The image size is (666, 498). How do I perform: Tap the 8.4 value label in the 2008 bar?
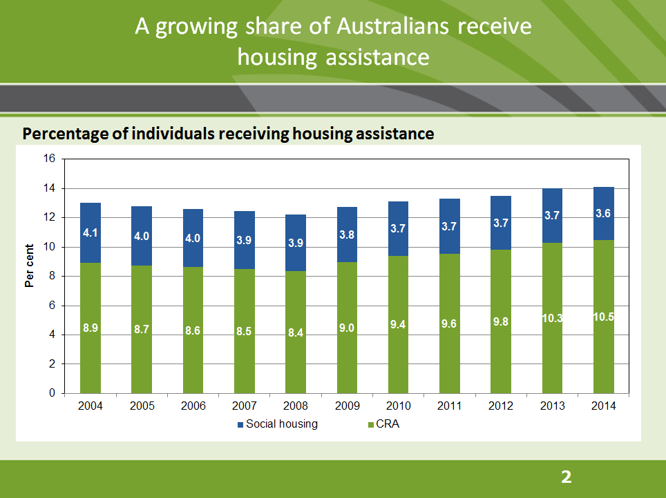pyautogui.click(x=296, y=332)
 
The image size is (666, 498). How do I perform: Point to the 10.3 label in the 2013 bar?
pyautogui.click(x=552, y=318)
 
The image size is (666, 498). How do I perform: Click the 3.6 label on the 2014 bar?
pyautogui.click(x=603, y=214)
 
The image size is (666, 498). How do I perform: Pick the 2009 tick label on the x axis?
pyautogui.click(x=347, y=406)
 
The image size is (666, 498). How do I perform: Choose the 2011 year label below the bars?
pyautogui.click(x=449, y=406)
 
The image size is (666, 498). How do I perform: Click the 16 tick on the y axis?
pyautogui.click(x=49, y=159)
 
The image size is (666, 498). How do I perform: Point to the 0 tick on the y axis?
pyautogui.click(x=52, y=393)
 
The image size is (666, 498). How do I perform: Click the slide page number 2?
pyautogui.click(x=567, y=477)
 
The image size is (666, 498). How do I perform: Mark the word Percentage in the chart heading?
pyautogui.click(x=61, y=134)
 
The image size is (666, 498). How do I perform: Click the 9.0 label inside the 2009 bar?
pyautogui.click(x=347, y=328)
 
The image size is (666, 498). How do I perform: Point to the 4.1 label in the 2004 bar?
pyautogui.click(x=91, y=233)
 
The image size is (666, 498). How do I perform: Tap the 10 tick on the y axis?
pyautogui.click(x=49, y=247)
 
